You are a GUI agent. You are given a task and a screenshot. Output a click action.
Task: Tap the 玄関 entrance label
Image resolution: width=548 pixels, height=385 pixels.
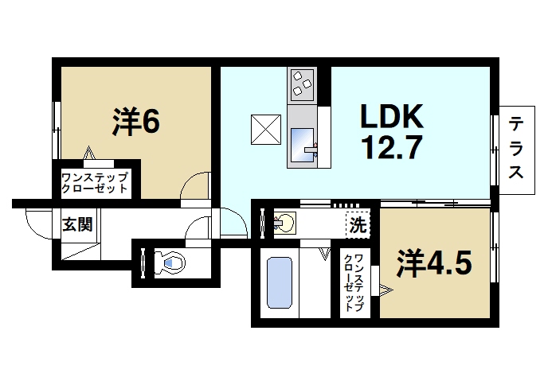[x=77, y=224]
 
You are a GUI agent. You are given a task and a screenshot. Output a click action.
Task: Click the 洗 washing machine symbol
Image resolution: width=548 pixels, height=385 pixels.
[x=358, y=225]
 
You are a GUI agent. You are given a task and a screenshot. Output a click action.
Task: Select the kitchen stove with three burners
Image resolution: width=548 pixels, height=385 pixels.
[x=301, y=84]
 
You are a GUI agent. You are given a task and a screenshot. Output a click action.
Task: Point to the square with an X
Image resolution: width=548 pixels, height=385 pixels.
[x=266, y=129]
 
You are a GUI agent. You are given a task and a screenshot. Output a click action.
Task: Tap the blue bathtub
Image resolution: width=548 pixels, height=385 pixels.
[x=278, y=282]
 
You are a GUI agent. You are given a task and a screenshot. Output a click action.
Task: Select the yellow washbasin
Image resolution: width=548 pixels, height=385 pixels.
[x=284, y=222]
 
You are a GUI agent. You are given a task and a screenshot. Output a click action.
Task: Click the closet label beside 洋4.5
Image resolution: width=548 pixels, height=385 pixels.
[x=358, y=282]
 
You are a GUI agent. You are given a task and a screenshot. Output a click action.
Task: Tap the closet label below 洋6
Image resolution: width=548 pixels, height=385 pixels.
[x=94, y=183]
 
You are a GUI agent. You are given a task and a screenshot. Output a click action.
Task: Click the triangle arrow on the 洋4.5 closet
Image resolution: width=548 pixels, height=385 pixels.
[x=386, y=290]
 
